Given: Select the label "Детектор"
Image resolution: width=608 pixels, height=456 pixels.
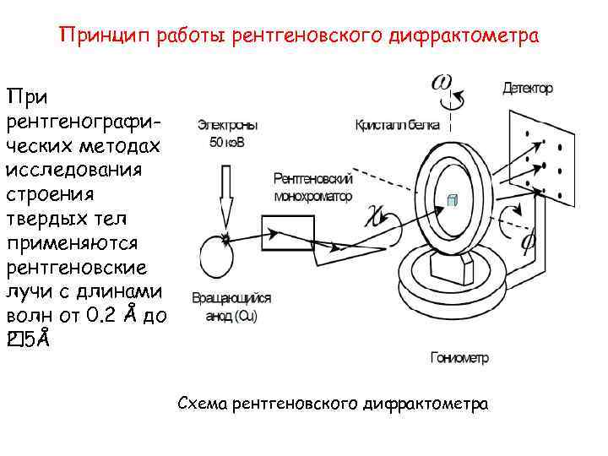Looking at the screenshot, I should (x=528, y=88).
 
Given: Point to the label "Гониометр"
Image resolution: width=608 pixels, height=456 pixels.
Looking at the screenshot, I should (x=459, y=357).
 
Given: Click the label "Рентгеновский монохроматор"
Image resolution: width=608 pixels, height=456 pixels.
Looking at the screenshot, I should (x=313, y=187).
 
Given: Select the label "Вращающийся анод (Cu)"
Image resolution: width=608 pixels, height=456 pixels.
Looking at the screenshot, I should (x=231, y=305).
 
